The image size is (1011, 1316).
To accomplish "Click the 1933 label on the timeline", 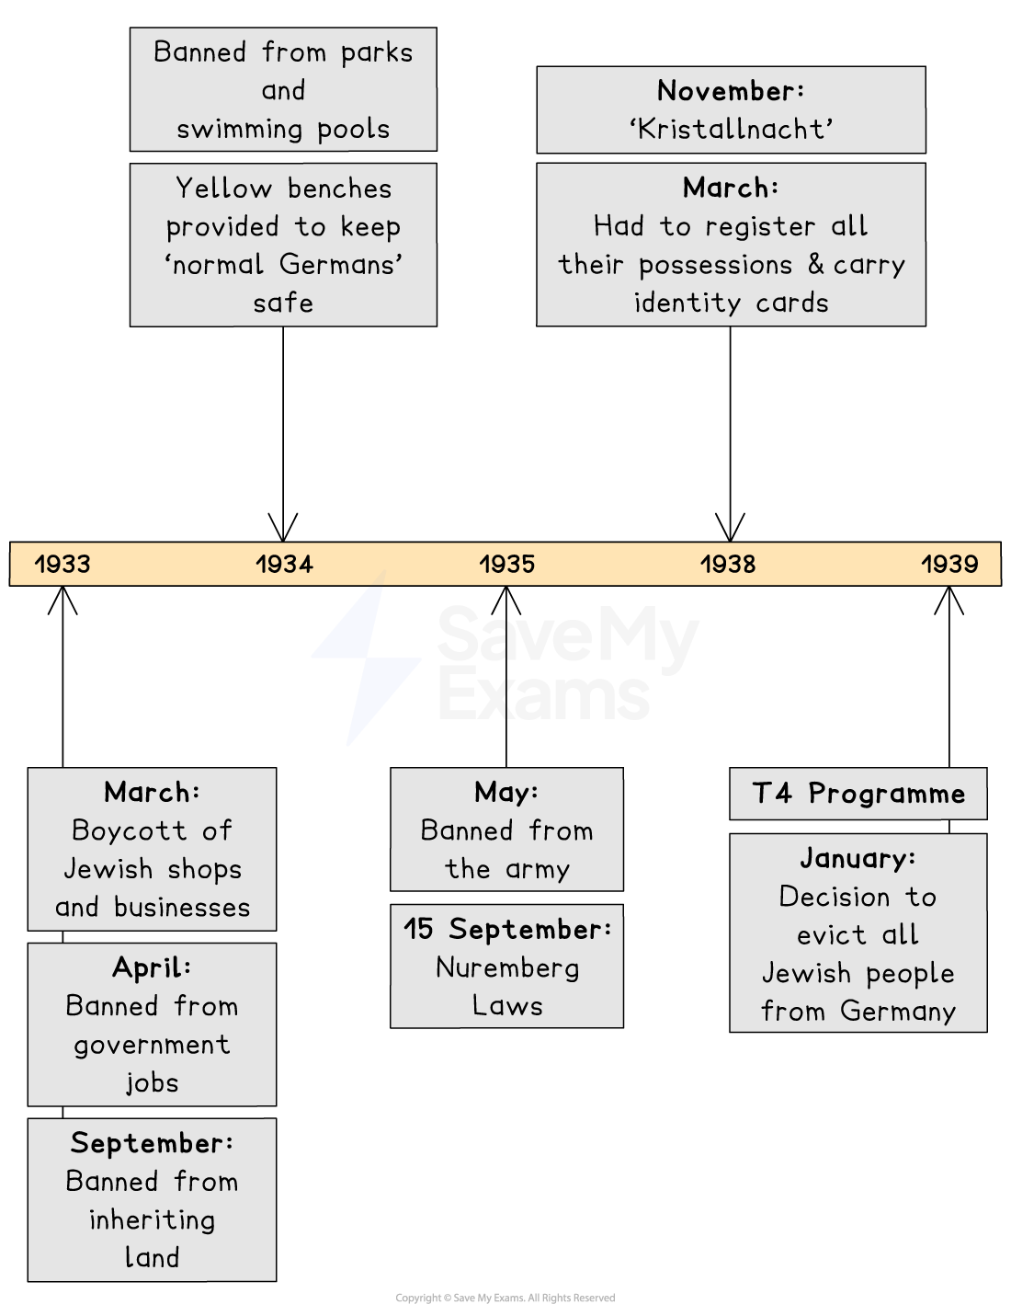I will click(62, 564).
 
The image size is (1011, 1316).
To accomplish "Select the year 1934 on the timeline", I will click(284, 564).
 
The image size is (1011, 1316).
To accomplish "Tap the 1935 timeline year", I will click(506, 564).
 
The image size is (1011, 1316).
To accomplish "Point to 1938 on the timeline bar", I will click(728, 564).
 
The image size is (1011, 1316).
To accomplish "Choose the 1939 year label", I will click(949, 564).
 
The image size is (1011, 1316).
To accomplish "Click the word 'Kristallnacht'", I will click(731, 129).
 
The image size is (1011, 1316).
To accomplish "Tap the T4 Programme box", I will click(858, 794).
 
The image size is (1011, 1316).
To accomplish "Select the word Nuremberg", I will click(507, 967).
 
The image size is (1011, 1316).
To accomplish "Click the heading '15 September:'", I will click(507, 929).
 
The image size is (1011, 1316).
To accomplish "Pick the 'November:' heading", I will click(731, 90).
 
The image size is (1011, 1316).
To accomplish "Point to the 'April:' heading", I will click(152, 967).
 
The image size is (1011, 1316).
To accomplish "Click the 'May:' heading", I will click(506, 792).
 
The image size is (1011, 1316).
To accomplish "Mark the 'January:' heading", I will click(858, 858).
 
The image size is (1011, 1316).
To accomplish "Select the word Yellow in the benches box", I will click(223, 189).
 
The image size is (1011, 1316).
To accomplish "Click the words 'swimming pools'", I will click(283, 129).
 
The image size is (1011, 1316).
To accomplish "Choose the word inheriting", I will click(152, 1219).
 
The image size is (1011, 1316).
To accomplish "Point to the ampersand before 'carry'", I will click(816, 264).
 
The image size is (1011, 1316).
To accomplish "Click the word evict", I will click(831, 935).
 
